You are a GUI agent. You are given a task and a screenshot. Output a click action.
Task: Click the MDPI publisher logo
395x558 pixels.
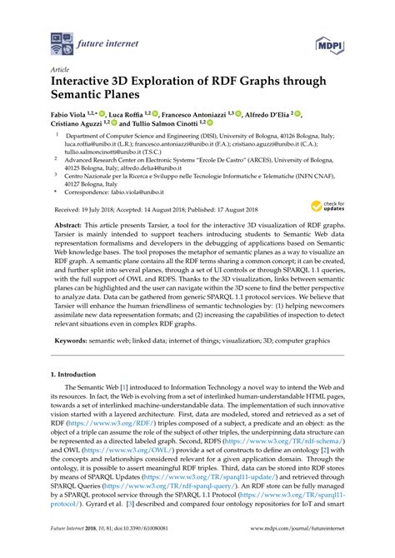coord(327,40)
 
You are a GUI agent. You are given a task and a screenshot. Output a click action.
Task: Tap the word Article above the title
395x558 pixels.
coord(61,71)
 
